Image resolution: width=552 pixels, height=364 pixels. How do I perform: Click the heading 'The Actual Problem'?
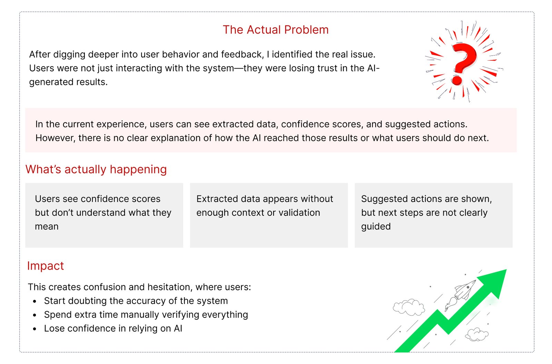click(276, 30)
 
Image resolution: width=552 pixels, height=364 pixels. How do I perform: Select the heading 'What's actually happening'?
click(96, 170)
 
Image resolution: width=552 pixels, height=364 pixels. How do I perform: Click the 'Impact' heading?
click(45, 266)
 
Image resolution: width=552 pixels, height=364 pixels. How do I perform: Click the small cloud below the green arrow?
click(476, 334)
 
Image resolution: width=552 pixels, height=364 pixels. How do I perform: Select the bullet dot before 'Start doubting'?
click(34, 301)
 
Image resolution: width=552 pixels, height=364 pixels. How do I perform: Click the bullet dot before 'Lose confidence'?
click(34, 329)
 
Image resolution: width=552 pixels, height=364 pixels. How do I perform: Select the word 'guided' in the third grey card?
click(376, 227)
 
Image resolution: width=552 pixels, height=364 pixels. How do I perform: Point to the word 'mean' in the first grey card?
click(47, 226)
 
